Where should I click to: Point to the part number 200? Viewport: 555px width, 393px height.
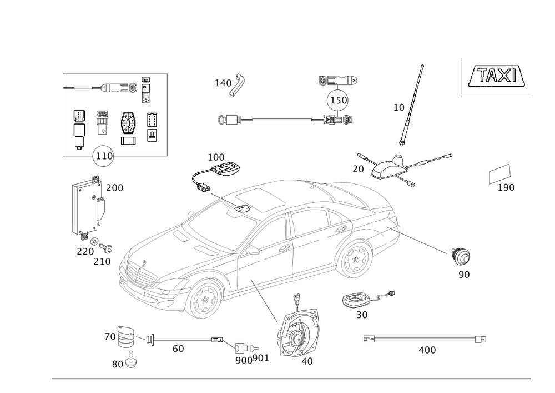point(114,188)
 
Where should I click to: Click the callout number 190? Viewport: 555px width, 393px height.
point(506,188)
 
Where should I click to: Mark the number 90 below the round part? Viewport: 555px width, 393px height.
point(464,274)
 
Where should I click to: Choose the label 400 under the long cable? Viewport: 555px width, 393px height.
point(426,350)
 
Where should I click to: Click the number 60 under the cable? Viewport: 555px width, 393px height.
point(178,349)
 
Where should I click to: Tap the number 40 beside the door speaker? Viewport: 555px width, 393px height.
point(306,361)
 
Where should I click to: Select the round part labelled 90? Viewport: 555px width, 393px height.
point(461,257)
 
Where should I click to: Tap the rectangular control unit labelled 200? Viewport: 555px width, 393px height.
point(86,205)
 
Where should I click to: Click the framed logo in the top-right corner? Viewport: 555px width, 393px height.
point(496,77)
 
